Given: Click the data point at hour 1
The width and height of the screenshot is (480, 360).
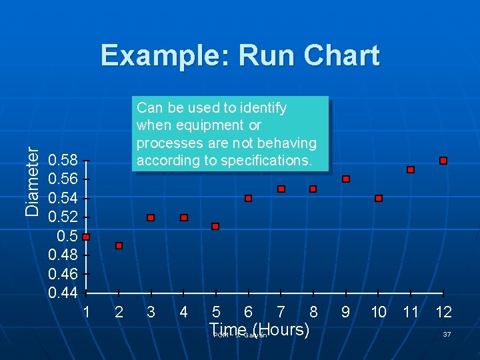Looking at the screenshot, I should click(86, 237).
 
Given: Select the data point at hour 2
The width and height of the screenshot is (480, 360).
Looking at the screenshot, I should click(119, 246).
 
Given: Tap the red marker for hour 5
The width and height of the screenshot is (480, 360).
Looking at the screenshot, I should click(215, 227).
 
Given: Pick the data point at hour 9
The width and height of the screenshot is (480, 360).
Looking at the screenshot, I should click(346, 179).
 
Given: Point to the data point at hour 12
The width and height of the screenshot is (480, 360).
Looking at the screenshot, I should click(443, 161).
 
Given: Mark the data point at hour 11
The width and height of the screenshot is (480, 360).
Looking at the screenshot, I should click(411, 170).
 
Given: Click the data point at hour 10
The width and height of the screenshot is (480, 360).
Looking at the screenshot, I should click(379, 198).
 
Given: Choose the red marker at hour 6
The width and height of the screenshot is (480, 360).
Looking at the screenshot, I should click(249, 198).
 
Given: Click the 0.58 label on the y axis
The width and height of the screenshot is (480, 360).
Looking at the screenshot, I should click(63, 160).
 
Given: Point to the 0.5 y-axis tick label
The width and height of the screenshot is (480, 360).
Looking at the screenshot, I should click(67, 236).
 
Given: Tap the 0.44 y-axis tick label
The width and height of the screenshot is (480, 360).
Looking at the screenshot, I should click(63, 293).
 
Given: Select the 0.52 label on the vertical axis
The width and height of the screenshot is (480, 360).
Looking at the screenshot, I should click(63, 217).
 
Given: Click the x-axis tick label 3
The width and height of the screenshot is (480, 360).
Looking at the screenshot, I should click(151, 312).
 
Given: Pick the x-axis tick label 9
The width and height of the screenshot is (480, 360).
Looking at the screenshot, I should click(345, 312).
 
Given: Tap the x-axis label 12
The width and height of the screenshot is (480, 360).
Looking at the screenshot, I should click(443, 312).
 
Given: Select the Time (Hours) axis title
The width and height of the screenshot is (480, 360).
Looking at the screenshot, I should click(259, 329).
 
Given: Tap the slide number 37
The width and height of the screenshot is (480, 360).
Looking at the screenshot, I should click(447, 334).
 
